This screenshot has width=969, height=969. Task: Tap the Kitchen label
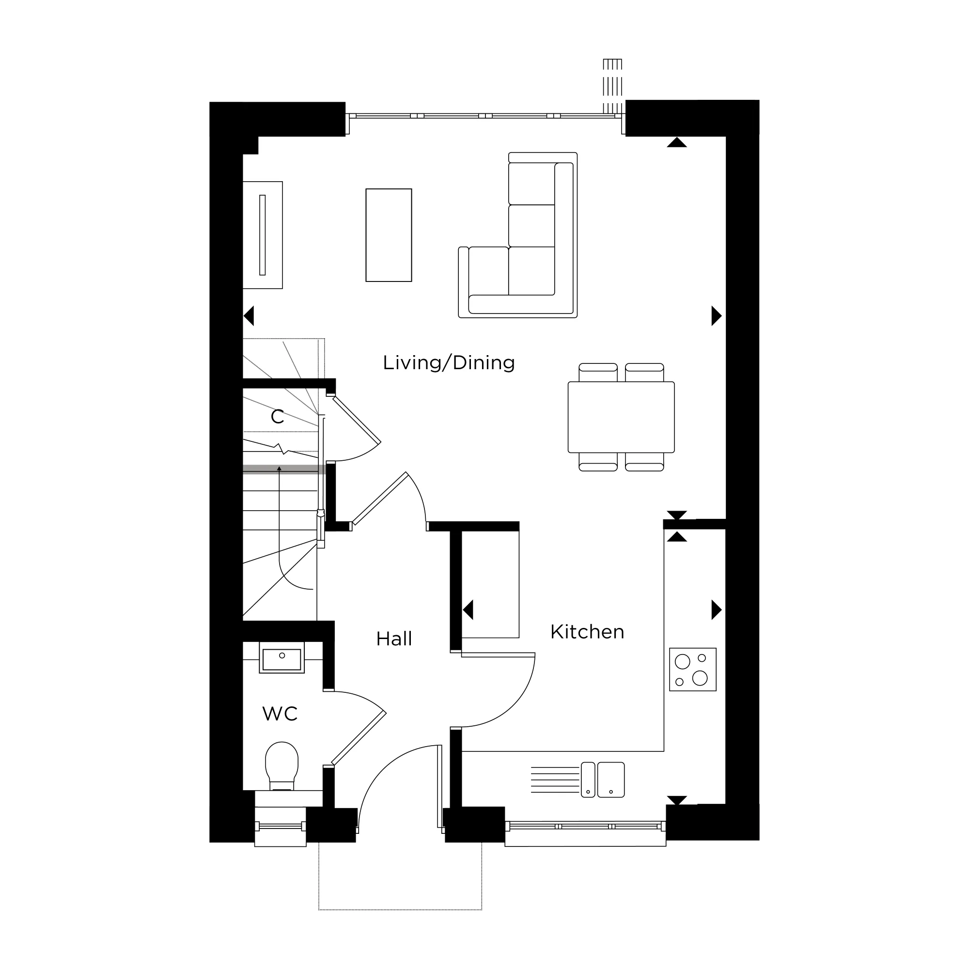pos(587,632)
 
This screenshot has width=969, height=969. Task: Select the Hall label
pos(394,639)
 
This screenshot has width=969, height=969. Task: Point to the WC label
pos(280,714)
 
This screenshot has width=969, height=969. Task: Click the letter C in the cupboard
pos(277,416)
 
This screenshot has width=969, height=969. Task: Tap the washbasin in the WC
pos(282,658)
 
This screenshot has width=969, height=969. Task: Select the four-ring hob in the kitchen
pos(692,669)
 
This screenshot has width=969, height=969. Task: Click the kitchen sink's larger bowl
pos(610,780)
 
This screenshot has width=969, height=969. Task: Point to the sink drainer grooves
pos(554,780)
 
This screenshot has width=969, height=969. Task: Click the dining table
pos(621,417)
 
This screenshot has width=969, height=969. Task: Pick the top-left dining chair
pos(598,372)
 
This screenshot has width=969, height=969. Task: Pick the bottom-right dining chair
pos(644,462)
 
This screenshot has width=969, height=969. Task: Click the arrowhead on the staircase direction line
pos(280,468)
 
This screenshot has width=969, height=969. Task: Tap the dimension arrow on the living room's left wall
pos(249,316)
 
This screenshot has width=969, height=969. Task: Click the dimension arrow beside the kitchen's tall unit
pos(468,610)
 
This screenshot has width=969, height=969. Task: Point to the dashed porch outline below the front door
pos(400,909)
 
